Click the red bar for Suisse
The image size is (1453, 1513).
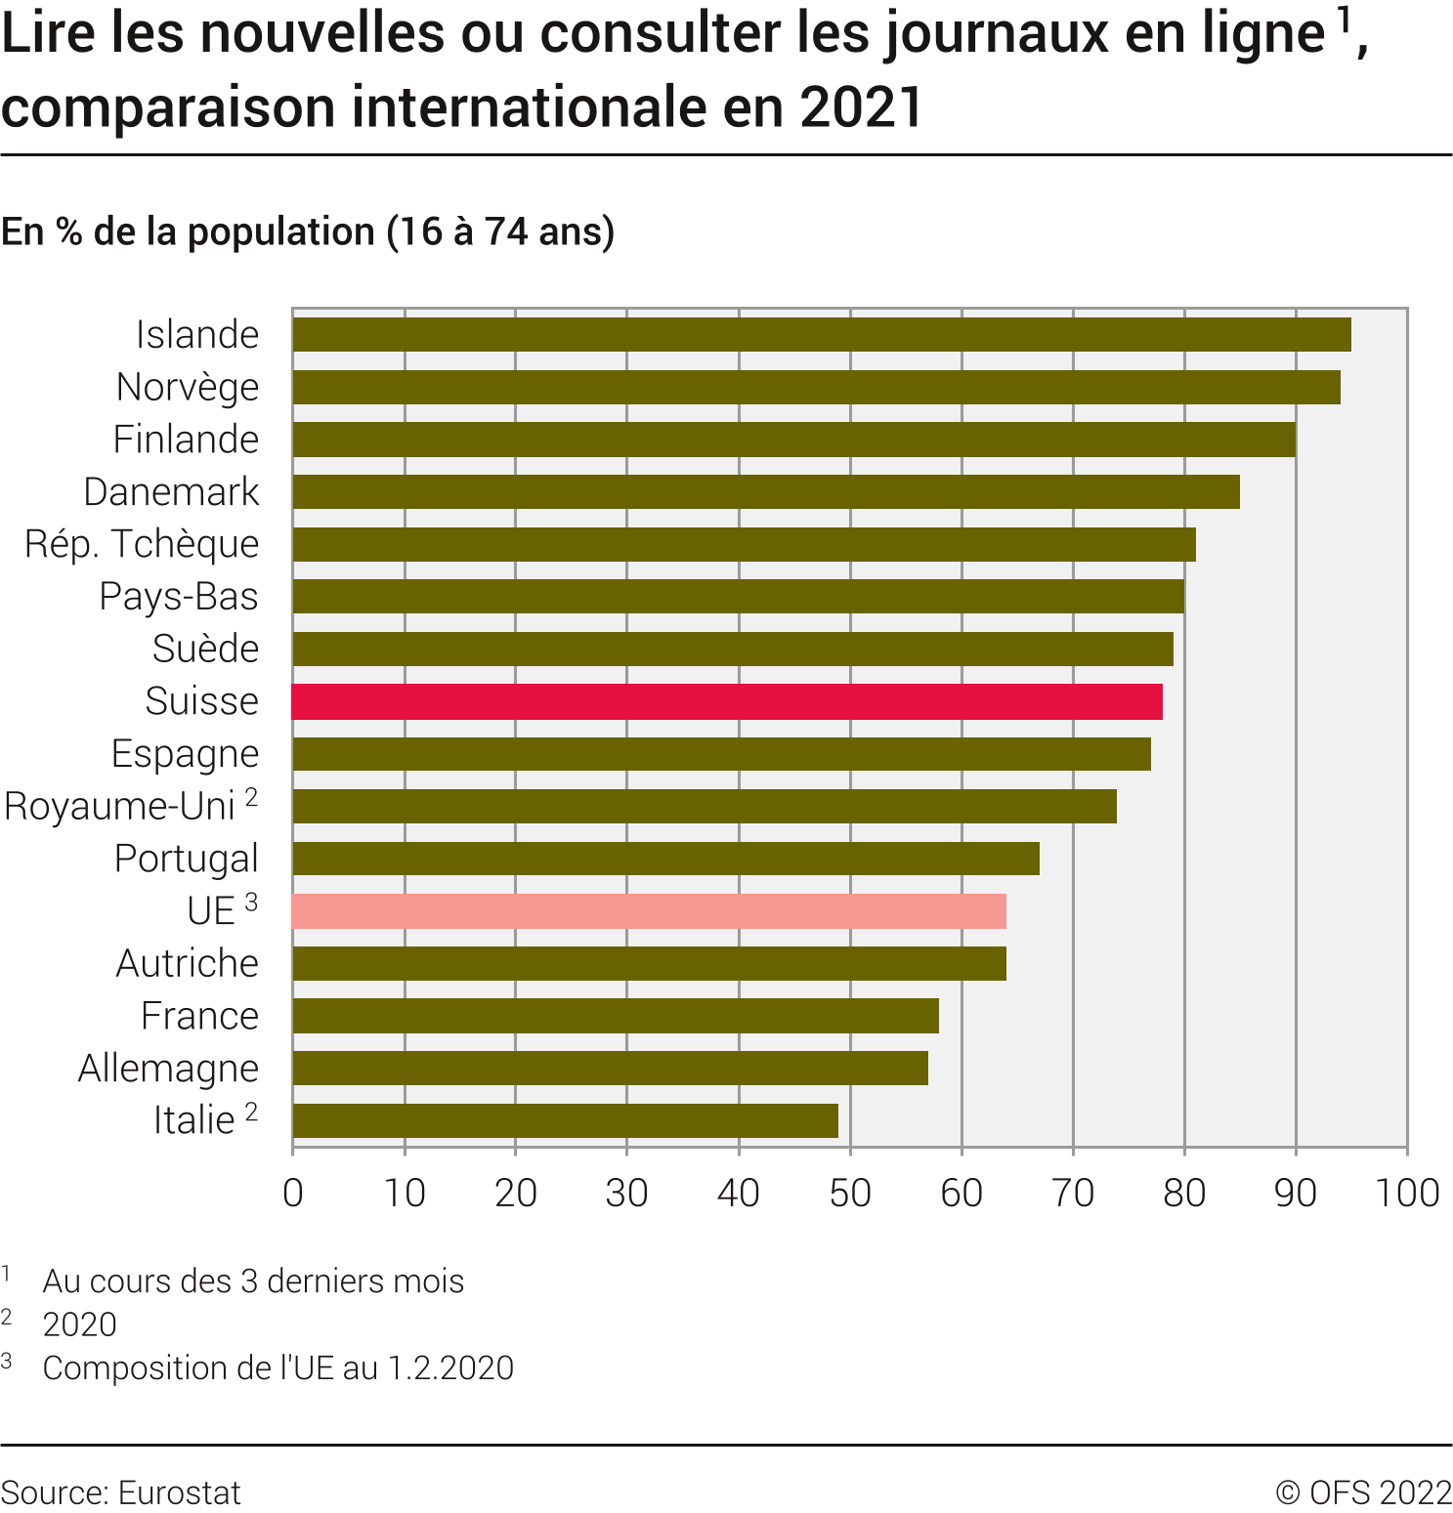click(x=727, y=701)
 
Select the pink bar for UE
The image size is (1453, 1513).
click(x=649, y=911)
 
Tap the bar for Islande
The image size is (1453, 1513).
click(x=821, y=334)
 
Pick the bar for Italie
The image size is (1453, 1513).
click(x=565, y=1120)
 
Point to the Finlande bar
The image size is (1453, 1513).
click(x=793, y=440)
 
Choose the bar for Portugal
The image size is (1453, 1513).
click(x=665, y=859)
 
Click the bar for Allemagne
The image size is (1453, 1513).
click(x=610, y=1069)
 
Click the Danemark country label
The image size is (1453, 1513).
click(x=171, y=491)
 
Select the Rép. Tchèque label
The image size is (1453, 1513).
click(x=142, y=544)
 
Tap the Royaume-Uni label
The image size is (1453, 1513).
click(x=120, y=807)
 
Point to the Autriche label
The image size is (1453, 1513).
click(x=187, y=963)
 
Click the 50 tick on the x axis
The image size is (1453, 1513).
click(x=850, y=1193)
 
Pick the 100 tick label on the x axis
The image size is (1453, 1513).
click(x=1406, y=1193)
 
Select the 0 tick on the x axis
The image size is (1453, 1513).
click(x=293, y=1193)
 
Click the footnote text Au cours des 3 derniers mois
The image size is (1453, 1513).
click(x=253, y=1281)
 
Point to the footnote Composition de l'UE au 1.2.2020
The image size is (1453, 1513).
click(x=278, y=1367)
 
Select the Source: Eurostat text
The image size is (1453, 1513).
click(x=120, y=1492)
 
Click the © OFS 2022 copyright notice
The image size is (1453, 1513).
click(x=1363, y=1492)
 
